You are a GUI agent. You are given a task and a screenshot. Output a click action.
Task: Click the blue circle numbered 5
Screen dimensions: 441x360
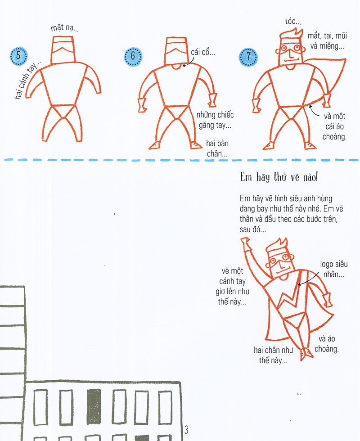pos(18,56)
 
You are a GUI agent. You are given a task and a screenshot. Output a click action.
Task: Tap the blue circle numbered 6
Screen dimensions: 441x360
pos(133,56)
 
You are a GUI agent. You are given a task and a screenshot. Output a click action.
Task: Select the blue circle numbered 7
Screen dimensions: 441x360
pos(248,56)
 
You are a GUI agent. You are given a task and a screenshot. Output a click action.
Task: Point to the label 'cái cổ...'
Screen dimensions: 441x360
pos(203,53)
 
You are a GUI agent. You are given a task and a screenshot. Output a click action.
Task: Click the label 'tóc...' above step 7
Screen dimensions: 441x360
pos(293,21)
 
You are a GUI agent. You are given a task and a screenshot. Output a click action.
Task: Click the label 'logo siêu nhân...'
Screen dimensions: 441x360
pos(333,269)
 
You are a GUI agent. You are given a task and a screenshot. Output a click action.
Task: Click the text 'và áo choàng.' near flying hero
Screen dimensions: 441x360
pos(328,344)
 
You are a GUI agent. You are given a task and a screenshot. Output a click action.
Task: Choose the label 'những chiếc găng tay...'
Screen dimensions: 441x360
pos(215,119)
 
